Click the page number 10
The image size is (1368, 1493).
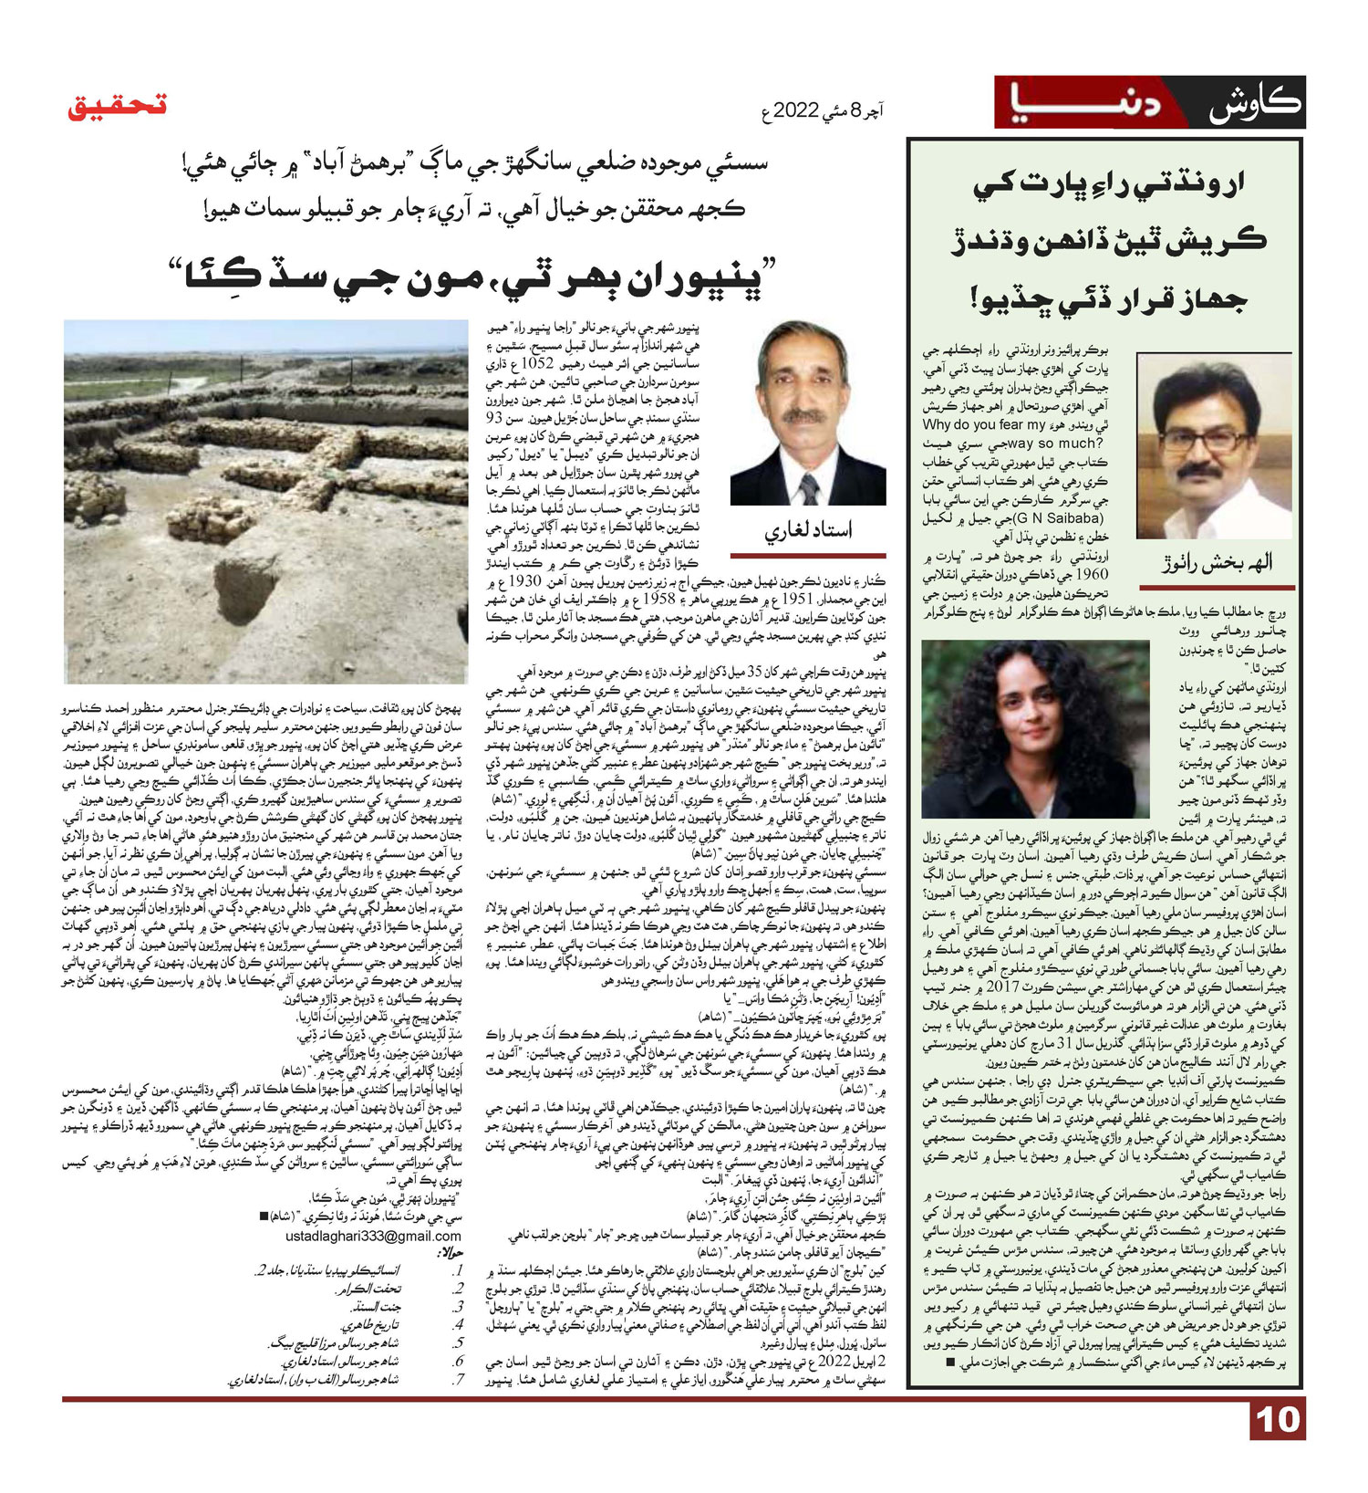pos(1277,1420)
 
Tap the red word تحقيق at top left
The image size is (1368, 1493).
pos(118,105)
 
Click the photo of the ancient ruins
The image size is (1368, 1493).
pos(266,501)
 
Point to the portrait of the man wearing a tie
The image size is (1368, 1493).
pos(808,412)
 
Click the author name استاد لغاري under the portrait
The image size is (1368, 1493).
pos(809,531)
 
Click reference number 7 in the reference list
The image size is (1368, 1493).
pos(459,1379)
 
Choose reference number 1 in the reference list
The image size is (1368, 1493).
pos(459,1270)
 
